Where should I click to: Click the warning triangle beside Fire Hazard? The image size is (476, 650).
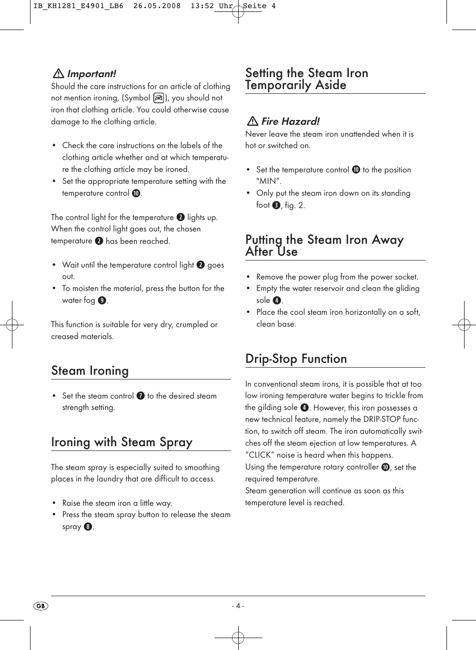[252, 121]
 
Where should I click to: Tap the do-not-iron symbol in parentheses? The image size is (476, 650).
[159, 98]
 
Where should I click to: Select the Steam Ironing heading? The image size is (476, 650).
[90, 370]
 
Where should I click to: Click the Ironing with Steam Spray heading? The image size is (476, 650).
[122, 442]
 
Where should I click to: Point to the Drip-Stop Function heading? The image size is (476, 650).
[296, 359]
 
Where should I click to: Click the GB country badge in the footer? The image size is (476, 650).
[41, 606]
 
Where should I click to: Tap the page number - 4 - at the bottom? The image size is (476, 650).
[238, 606]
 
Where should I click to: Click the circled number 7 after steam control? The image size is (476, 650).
[141, 396]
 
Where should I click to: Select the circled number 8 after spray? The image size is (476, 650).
[88, 527]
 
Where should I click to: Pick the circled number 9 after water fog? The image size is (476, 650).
[102, 300]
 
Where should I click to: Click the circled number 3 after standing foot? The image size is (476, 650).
[276, 205]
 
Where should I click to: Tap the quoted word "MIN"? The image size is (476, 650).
[268, 181]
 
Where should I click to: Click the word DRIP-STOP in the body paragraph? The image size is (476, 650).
[381, 420]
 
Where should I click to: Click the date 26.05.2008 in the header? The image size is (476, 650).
[157, 6]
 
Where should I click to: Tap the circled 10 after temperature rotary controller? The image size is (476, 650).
[385, 467]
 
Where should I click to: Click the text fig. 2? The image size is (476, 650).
[295, 205]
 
